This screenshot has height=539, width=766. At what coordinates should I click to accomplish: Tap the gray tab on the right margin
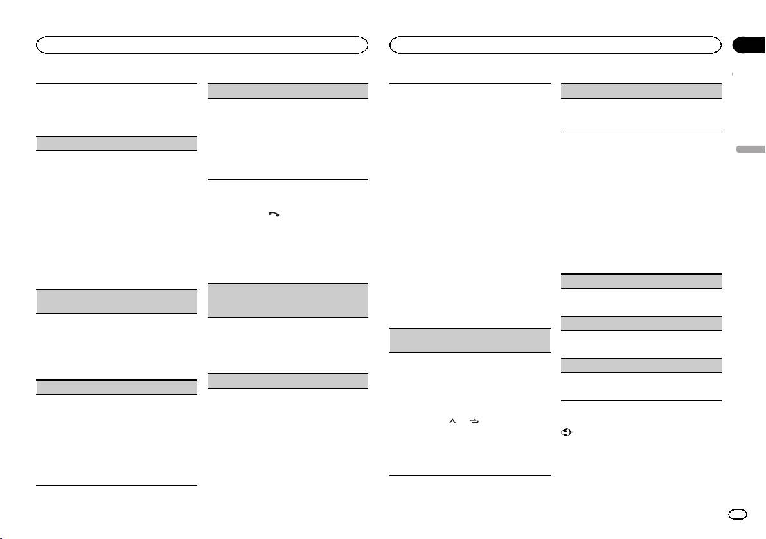coord(751,150)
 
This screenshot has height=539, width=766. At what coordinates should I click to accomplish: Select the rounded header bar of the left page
coord(202,45)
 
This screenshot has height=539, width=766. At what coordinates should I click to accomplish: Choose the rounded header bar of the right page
coord(555,45)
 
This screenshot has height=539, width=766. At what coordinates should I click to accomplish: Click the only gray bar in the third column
coord(470,339)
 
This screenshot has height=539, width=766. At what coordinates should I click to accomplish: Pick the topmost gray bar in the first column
coord(116,143)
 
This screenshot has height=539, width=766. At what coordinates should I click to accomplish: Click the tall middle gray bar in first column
coord(116,301)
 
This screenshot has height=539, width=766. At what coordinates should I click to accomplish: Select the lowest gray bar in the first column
coord(116,387)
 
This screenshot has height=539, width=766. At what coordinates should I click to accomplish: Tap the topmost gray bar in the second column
coord(288,90)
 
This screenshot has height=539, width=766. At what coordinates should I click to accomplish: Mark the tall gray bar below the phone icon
coord(288,300)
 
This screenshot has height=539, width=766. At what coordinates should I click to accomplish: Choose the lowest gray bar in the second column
coord(288,381)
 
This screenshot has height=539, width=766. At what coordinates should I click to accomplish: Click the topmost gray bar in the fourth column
coord(641,90)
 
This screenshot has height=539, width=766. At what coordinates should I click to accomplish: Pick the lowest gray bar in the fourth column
coord(641,365)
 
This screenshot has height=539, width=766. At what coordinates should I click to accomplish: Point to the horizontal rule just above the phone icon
coord(288,180)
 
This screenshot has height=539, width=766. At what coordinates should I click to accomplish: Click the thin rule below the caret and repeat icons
coord(470,475)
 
